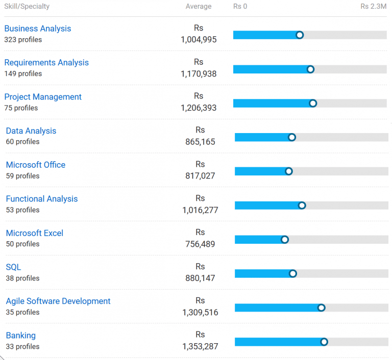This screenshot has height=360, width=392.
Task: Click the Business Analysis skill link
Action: (38, 29)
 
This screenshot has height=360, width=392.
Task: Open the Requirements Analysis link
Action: (46, 62)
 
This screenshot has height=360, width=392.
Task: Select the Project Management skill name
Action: (43, 97)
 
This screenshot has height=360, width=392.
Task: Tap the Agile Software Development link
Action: (58, 301)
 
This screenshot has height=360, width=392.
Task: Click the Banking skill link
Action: (21, 335)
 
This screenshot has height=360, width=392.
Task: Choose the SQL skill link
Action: (13, 267)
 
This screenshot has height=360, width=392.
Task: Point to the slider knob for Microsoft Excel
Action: (284, 240)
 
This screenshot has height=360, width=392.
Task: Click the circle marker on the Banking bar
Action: (324, 342)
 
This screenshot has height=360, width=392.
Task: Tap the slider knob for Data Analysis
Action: (292, 137)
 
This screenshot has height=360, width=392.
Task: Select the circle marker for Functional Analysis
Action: (302, 205)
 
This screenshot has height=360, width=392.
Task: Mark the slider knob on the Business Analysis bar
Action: (300, 35)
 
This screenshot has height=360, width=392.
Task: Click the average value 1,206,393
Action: (199, 108)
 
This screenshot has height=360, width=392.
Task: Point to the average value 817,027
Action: (200, 176)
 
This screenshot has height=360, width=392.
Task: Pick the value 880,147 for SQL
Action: (200, 278)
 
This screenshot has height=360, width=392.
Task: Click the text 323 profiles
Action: (23, 40)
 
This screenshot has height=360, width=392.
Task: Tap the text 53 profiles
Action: (23, 210)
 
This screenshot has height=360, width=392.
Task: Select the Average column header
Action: (199, 6)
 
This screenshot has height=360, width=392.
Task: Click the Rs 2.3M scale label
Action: (374, 6)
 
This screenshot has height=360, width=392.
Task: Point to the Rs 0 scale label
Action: (240, 6)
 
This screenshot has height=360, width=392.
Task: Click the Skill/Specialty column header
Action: (27, 6)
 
